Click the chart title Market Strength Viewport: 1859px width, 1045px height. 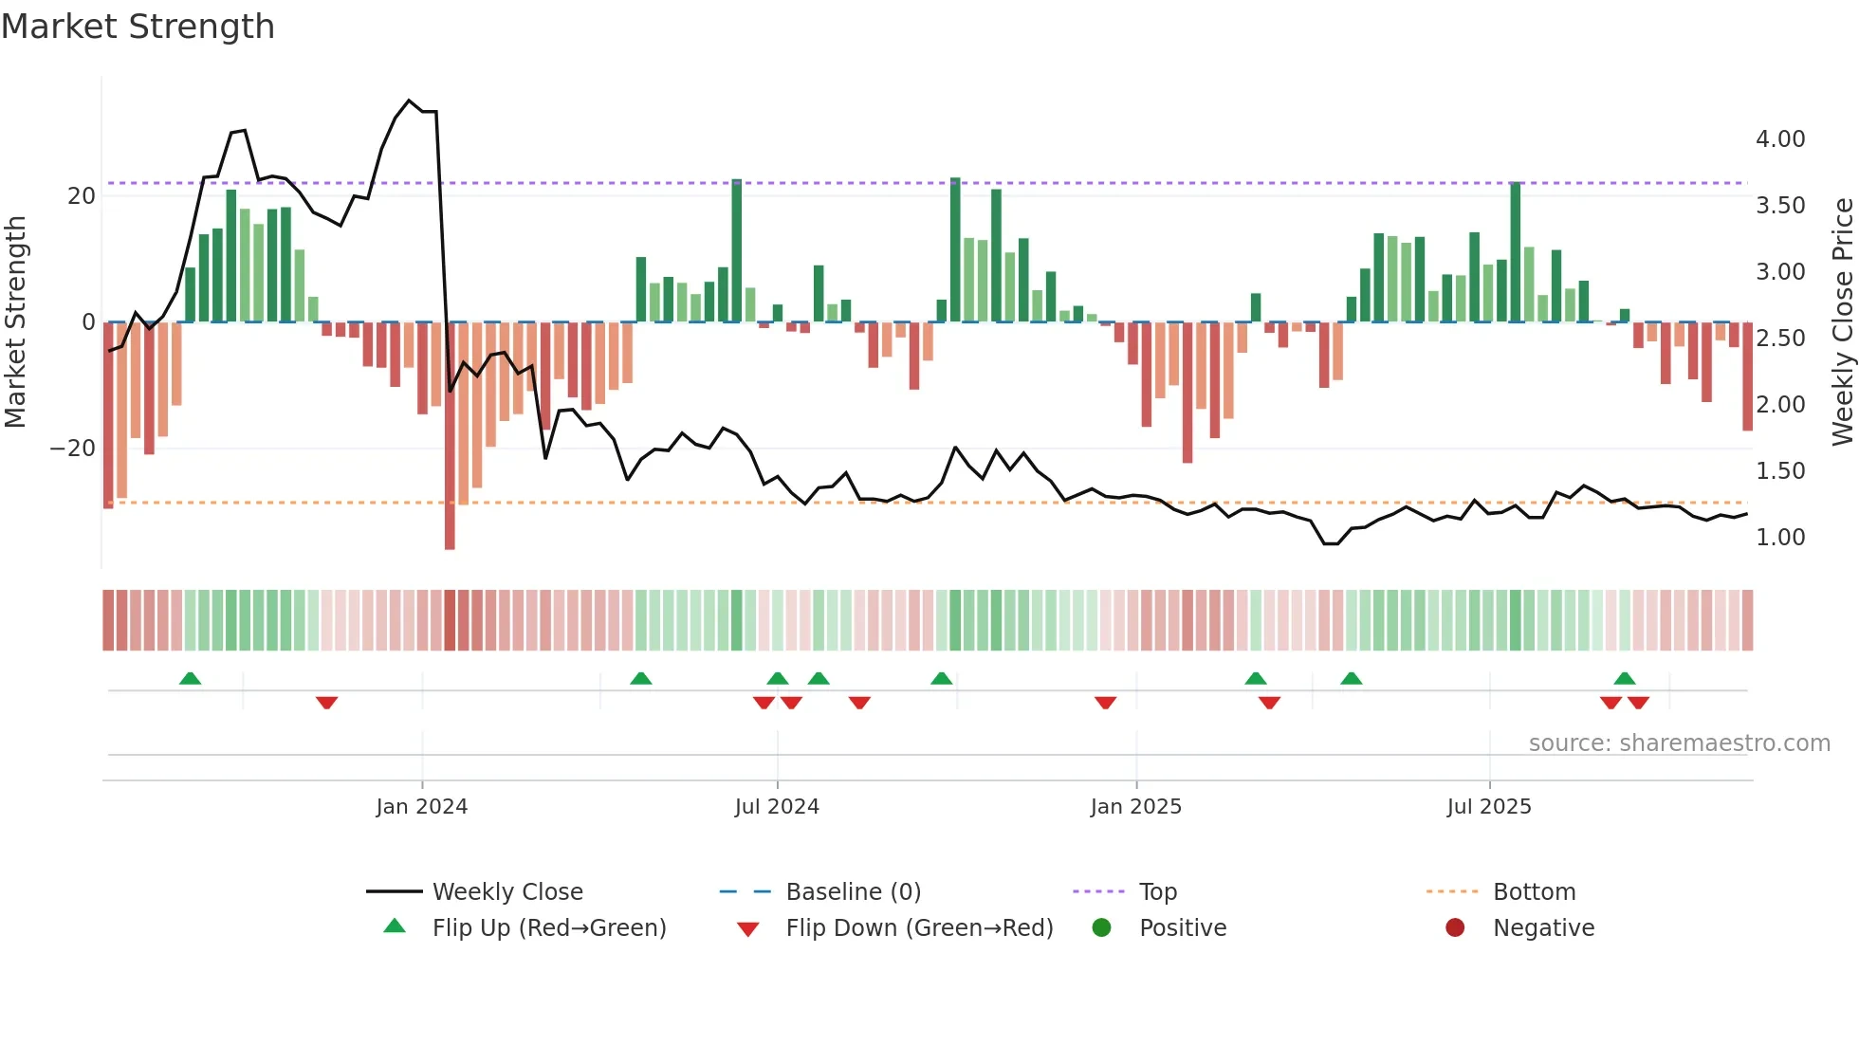point(138,27)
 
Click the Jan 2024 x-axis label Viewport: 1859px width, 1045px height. point(421,807)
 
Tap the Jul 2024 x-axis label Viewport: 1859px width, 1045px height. point(776,807)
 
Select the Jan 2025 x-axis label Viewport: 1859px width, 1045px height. point(1135,807)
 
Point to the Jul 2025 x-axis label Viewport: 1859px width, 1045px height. point(1488,807)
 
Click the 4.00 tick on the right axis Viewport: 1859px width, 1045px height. point(1779,139)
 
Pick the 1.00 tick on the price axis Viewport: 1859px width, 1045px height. point(1779,538)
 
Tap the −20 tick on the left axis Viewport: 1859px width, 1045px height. point(73,449)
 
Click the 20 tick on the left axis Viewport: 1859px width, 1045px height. point(82,196)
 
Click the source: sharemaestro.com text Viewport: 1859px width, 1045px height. point(1679,743)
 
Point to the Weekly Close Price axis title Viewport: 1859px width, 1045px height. point(1842,322)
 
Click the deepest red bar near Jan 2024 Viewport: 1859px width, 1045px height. point(450,436)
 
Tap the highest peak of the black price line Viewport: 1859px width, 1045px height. point(409,101)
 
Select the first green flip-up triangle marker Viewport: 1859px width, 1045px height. point(190,678)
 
